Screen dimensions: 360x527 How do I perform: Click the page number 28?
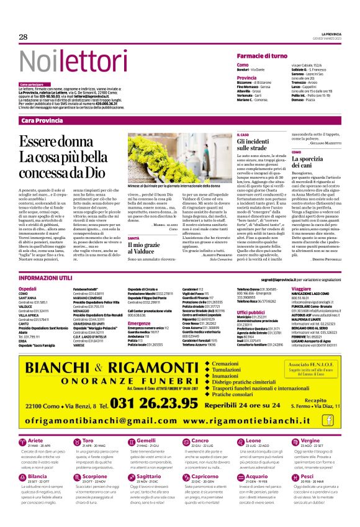(23, 37)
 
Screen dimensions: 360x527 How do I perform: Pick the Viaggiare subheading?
(301, 289)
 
